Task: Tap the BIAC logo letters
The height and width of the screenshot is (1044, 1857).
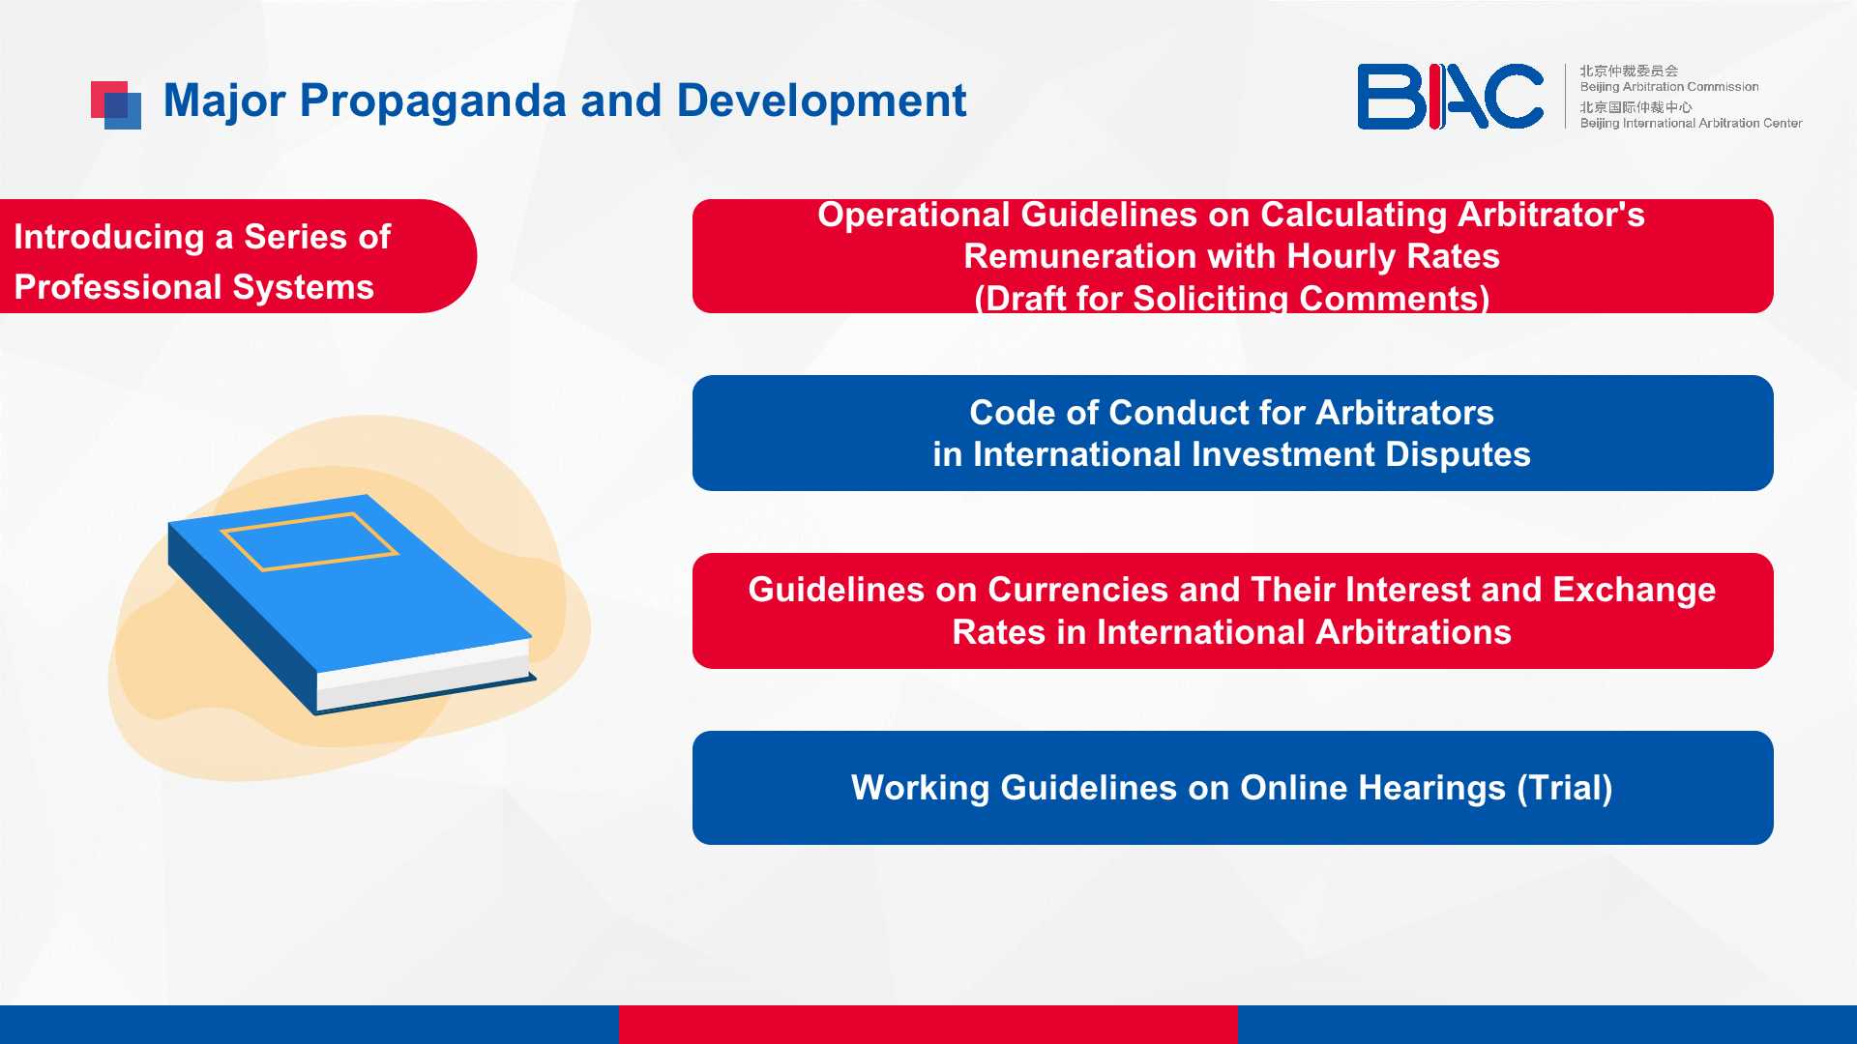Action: [1450, 97]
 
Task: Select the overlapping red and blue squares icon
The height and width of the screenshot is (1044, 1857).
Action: [116, 105]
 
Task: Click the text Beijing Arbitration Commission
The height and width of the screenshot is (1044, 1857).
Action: [1669, 87]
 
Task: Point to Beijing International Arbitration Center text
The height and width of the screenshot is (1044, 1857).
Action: [1691, 123]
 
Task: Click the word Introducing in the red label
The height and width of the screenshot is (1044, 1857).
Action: [108, 238]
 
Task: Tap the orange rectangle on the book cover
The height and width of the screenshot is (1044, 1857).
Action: [309, 541]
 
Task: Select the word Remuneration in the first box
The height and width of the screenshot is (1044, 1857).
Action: [1080, 256]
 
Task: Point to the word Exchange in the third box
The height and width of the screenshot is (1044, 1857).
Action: [1634, 591]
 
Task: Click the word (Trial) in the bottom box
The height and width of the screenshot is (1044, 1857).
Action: [1564, 789]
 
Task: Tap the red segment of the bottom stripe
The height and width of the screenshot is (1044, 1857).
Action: [928, 1025]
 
